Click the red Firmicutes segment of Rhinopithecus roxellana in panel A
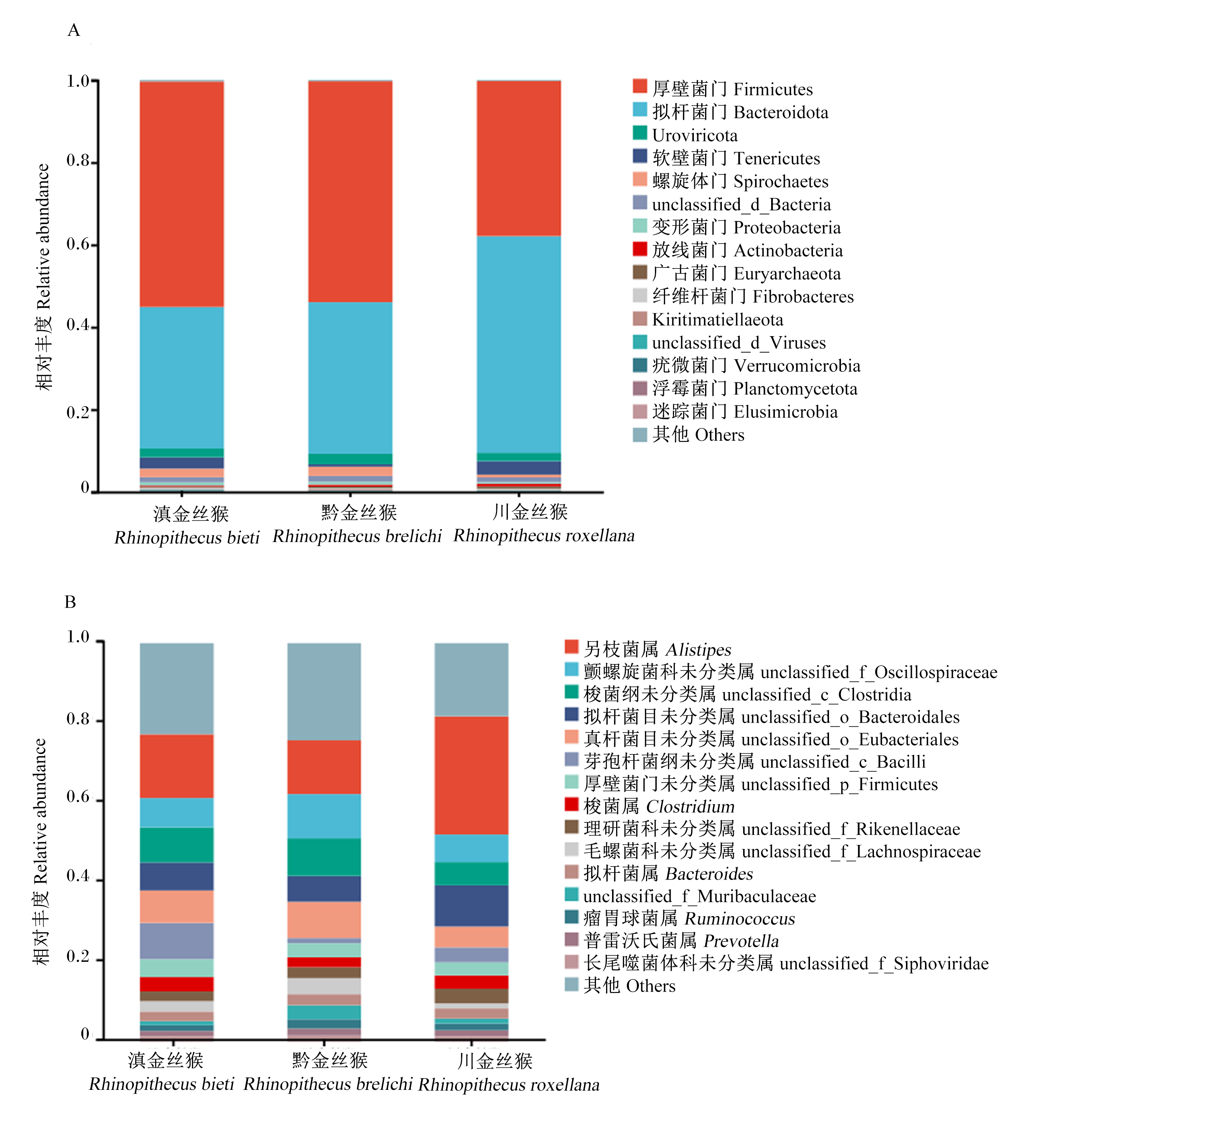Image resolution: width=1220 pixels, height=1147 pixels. click(519, 158)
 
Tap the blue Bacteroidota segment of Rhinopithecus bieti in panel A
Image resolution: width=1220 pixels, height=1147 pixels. click(181, 378)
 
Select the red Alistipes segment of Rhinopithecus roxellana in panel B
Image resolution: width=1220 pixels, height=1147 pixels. click(471, 775)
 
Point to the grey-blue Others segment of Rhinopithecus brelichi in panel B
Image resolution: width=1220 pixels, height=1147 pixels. click(324, 692)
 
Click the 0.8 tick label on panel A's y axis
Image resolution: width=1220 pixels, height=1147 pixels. click(78, 161)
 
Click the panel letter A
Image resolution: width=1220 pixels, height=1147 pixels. click(74, 30)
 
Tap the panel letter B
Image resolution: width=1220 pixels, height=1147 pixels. click(71, 602)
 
